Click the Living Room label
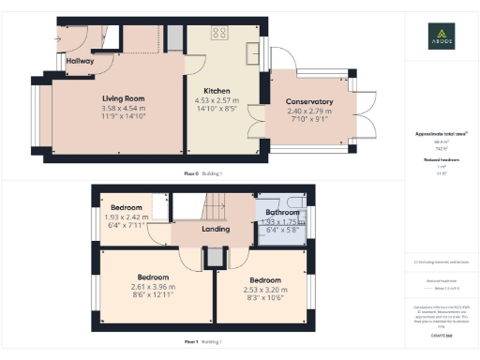click(x=124, y=97)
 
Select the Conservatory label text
click(x=309, y=101)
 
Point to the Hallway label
click(x=80, y=61)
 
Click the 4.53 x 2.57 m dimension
click(x=217, y=100)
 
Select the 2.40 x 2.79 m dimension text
click(x=309, y=111)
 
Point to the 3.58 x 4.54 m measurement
click(x=124, y=108)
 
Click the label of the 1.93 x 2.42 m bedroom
click(x=126, y=207)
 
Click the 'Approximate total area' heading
click(x=441, y=134)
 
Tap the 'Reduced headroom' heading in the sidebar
click(x=441, y=161)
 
